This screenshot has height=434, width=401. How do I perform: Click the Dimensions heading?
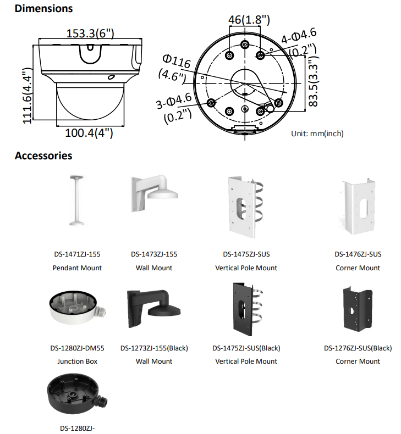[x=43, y=9]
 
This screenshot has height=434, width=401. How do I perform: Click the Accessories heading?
[x=43, y=155]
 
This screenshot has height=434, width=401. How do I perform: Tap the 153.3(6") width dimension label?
[x=90, y=34]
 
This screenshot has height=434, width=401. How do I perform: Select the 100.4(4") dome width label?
[x=89, y=132]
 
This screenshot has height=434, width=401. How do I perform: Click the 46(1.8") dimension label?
[x=249, y=20]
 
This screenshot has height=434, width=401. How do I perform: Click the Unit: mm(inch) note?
[x=317, y=133]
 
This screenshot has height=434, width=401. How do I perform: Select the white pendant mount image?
[x=76, y=201]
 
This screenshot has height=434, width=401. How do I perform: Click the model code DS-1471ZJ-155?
[x=77, y=254]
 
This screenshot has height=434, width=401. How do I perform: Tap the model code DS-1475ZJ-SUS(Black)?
[x=246, y=348]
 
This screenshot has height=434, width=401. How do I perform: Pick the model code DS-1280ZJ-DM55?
[x=77, y=348]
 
